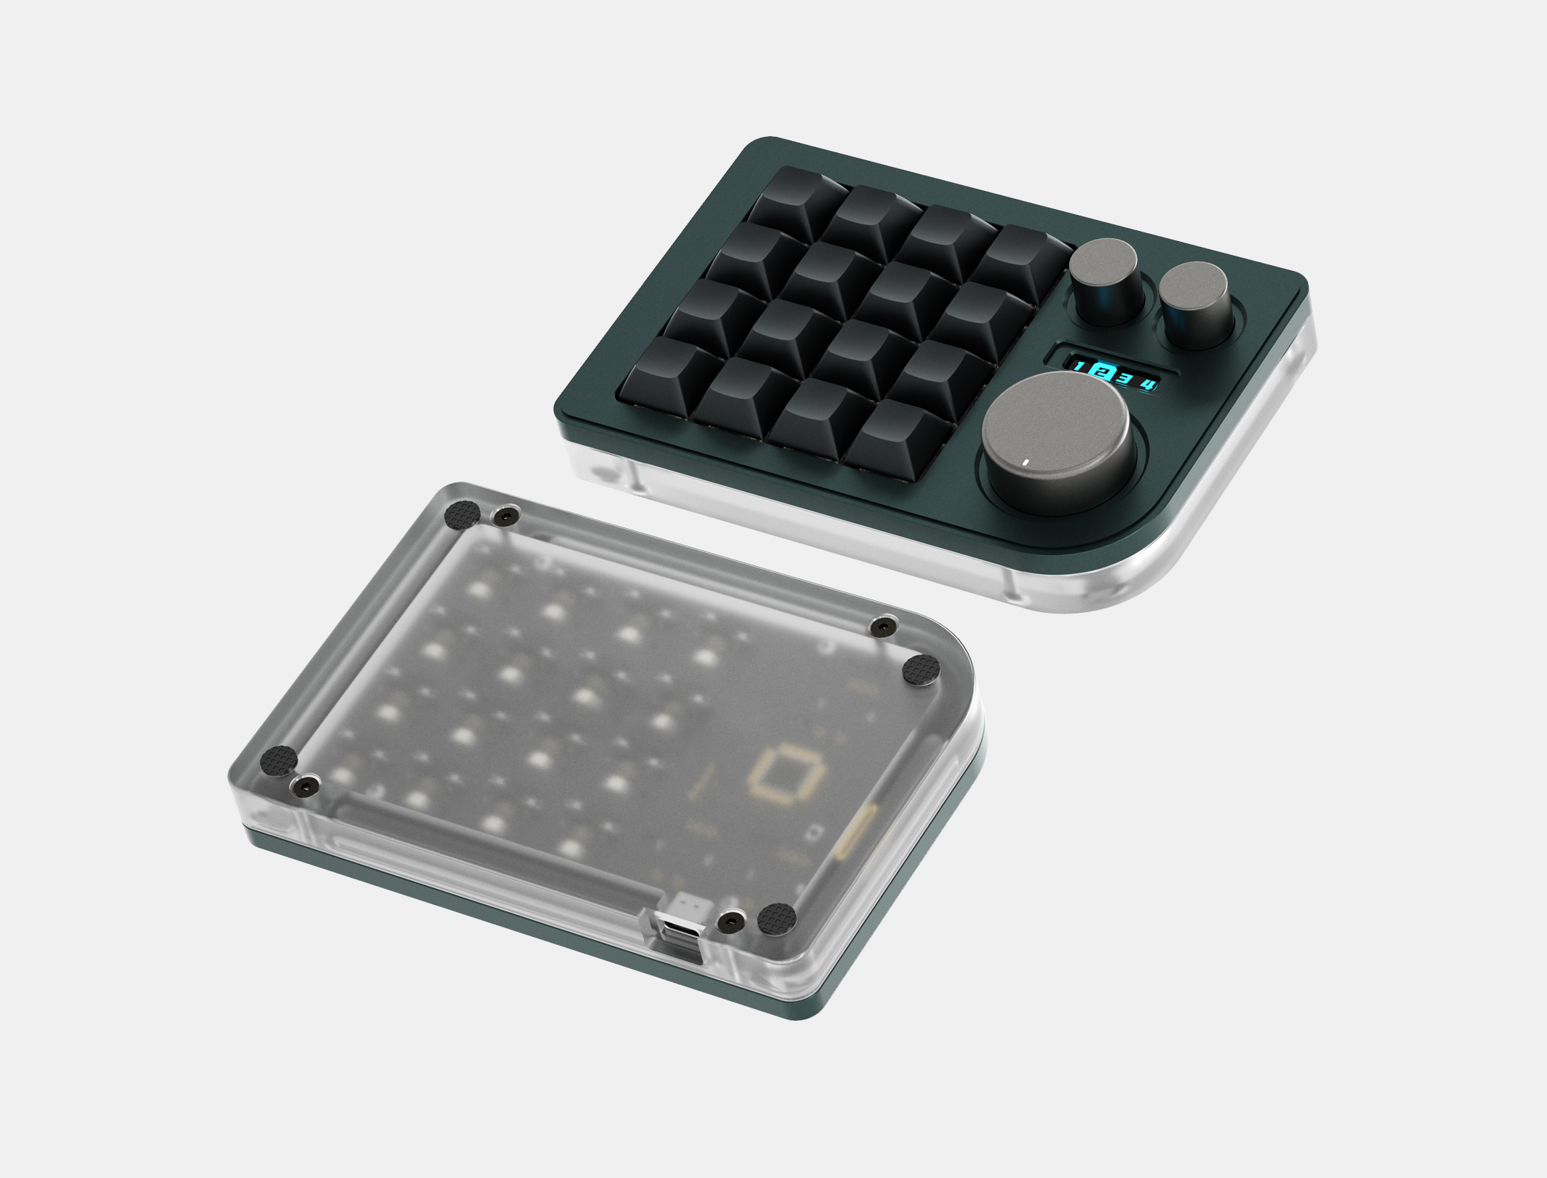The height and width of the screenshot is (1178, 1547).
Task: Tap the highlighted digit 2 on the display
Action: click(x=1103, y=372)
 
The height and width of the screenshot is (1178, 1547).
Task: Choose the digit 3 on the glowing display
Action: click(x=1125, y=377)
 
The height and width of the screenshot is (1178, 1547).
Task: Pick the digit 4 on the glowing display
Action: click(x=1149, y=383)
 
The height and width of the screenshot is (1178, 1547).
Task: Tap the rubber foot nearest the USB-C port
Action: click(x=776, y=919)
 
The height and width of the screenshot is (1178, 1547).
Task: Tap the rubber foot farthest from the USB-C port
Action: click(x=462, y=514)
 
